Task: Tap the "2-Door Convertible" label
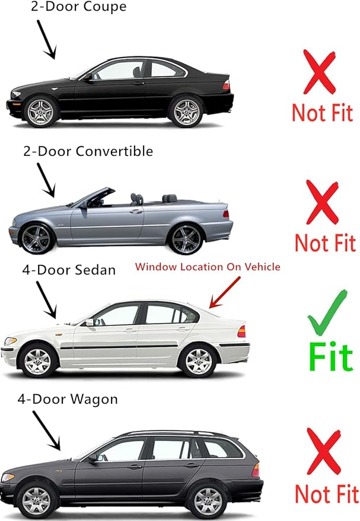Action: pos(88,151)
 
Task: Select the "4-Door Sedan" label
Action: pos(69,270)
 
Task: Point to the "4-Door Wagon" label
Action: pos(67,399)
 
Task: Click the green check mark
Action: pos(327,313)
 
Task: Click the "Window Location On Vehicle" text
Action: pos(208,267)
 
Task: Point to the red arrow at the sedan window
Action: pos(225,293)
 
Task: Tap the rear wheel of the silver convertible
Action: pos(186,238)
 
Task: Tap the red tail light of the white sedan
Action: pos(241,331)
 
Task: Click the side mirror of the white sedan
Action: pos(90,322)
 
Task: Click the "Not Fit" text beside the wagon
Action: pos(326,493)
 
